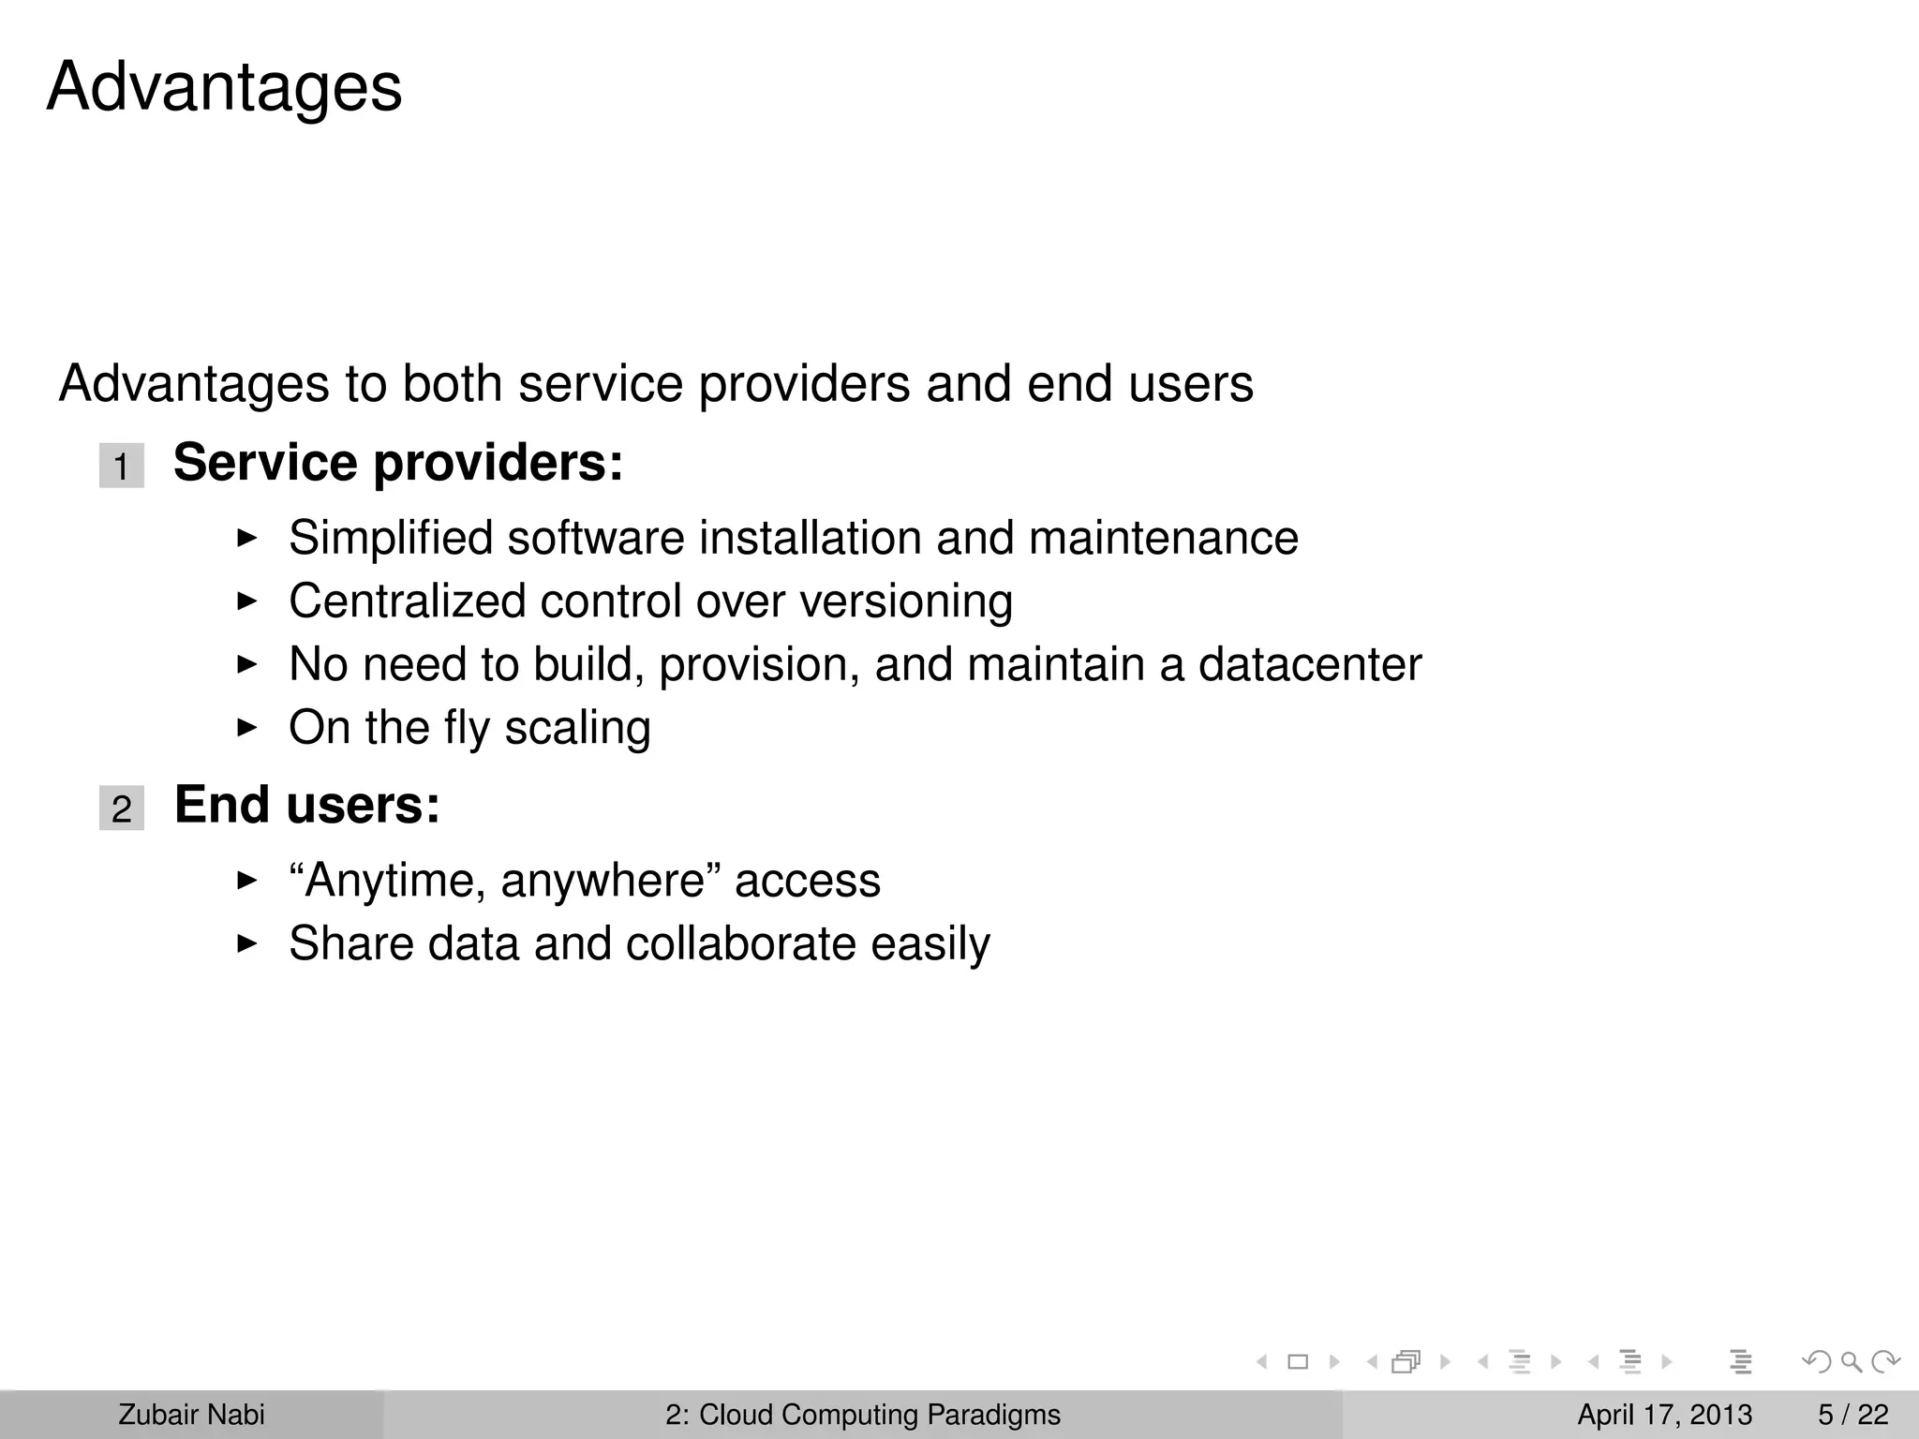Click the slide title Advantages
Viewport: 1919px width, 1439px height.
click(x=224, y=87)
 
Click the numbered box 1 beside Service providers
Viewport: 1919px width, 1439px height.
click(x=122, y=466)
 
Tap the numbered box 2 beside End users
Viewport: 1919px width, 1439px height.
click(x=122, y=808)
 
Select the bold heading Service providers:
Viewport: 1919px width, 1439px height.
click(x=398, y=463)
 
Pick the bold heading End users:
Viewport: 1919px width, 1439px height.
click(x=307, y=805)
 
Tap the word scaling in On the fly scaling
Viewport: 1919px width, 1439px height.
click(x=577, y=728)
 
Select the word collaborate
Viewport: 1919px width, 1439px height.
click(x=740, y=943)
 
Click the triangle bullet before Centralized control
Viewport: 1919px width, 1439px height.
click(x=246, y=601)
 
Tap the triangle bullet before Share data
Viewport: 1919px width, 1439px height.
click(x=246, y=942)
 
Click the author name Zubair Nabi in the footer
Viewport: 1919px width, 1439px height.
click(x=191, y=1415)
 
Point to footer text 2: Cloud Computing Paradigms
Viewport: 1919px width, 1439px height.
click(x=862, y=1415)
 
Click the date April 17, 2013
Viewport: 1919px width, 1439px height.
click(x=1664, y=1415)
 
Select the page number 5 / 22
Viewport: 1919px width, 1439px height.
click(x=1852, y=1415)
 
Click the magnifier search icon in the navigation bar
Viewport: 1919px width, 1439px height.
click(x=1851, y=1361)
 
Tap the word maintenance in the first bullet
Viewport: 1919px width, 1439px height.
click(x=1163, y=539)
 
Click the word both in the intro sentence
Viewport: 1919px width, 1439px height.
click(x=452, y=384)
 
